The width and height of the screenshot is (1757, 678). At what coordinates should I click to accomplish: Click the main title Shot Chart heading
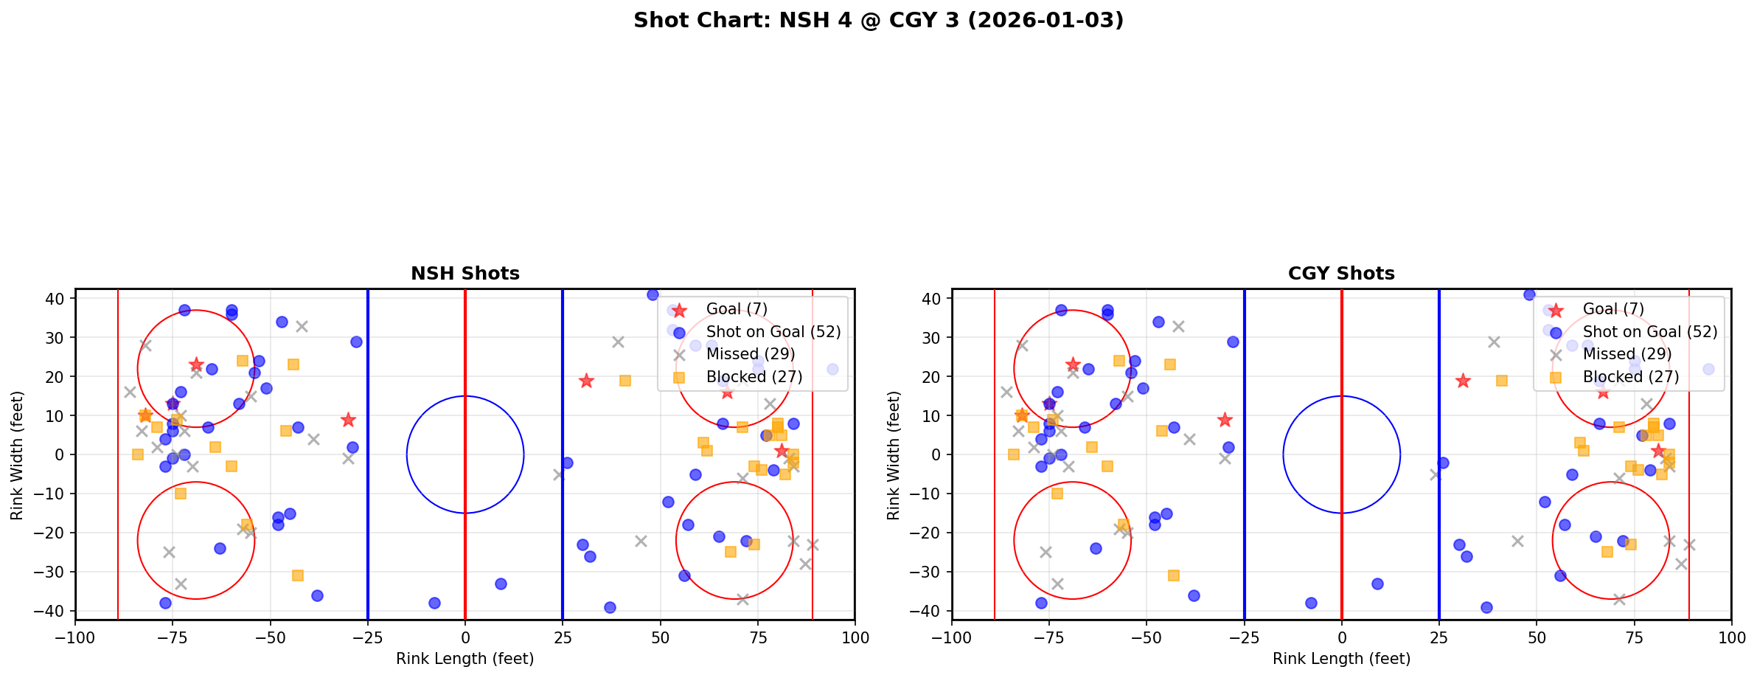878,20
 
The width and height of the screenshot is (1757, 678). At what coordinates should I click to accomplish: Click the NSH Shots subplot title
465,274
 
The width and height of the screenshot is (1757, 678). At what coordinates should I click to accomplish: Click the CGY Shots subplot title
1341,274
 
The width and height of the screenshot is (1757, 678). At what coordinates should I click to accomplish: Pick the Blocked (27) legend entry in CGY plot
1630,377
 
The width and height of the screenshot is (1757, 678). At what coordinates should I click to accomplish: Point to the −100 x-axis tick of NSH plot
75,637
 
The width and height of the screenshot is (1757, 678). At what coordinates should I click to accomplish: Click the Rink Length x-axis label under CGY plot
1341,659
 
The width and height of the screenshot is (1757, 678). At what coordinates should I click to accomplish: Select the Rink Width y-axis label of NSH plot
17,455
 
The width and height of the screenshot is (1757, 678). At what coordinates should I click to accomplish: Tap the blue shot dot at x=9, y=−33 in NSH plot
501,584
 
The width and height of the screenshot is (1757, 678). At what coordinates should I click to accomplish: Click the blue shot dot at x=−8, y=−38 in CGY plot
1311,603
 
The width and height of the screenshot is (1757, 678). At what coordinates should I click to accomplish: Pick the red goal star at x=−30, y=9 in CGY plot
1225,420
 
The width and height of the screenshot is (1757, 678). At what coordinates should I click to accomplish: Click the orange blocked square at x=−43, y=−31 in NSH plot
298,575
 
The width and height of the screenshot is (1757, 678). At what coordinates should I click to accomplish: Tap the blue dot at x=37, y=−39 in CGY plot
1486,607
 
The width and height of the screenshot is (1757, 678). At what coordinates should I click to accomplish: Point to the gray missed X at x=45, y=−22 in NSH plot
641,541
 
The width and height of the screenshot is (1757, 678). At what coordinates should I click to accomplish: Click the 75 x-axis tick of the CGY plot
1634,637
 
